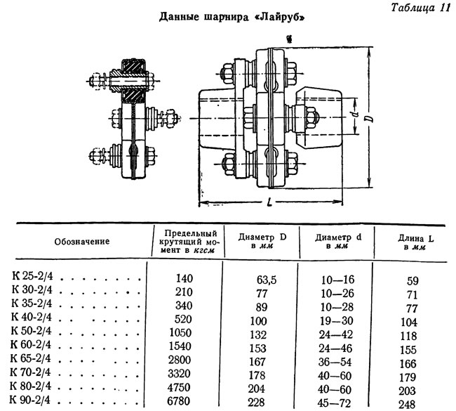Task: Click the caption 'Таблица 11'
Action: (420, 8)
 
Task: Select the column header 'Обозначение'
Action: (82, 242)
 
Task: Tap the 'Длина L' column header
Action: (415, 242)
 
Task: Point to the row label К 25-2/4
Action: (32, 276)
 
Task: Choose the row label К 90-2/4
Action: (30, 400)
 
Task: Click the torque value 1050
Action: (180, 332)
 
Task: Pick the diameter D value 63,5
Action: (267, 280)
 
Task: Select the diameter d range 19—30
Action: (337, 321)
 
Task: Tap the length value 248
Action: (407, 405)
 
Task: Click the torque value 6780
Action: (179, 401)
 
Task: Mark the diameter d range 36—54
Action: (335, 362)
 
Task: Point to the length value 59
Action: (413, 281)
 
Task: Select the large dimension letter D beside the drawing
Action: (369, 119)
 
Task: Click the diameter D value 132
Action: (258, 334)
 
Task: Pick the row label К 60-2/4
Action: (31, 344)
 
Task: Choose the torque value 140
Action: (185, 278)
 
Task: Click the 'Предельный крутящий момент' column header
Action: (188, 242)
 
